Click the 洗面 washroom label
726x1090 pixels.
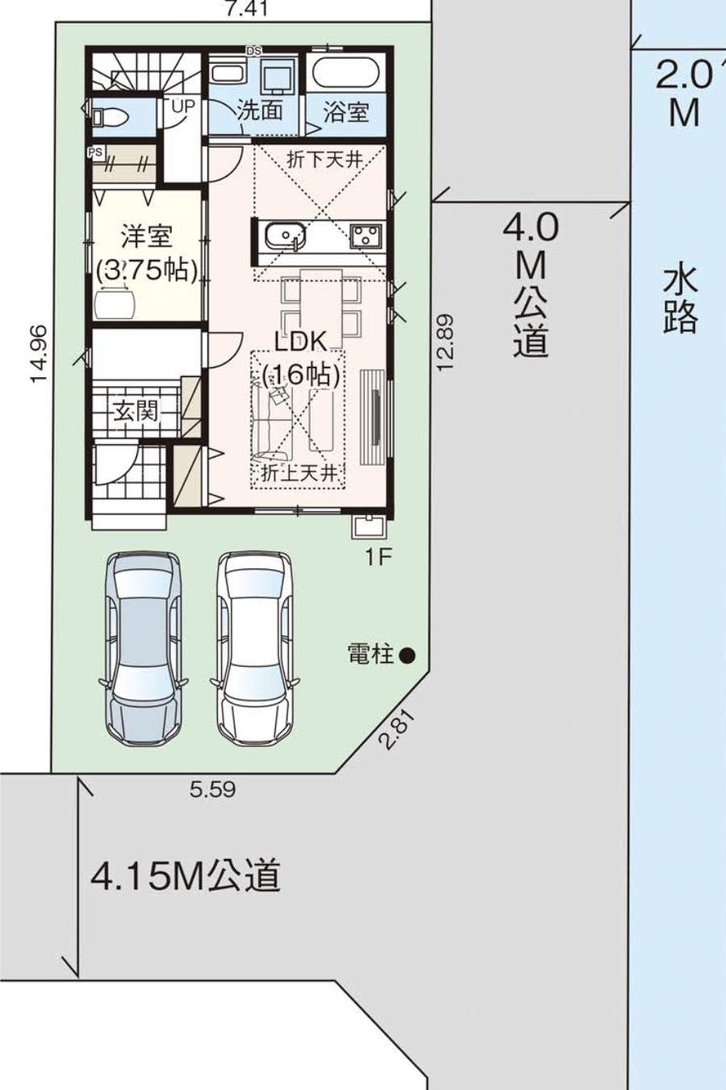(x=260, y=111)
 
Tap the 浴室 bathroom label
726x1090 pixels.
(x=346, y=112)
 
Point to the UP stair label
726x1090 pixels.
(x=182, y=106)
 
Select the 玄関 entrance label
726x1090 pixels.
(x=136, y=412)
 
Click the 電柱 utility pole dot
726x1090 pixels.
(x=407, y=656)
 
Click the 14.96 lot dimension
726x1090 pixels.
(x=39, y=354)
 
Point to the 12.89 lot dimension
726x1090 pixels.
(x=445, y=342)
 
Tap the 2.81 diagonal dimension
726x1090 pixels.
(x=397, y=729)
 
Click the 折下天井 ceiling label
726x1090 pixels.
(x=325, y=160)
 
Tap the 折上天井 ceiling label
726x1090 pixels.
(x=299, y=473)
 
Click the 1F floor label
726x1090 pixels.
(x=378, y=558)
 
